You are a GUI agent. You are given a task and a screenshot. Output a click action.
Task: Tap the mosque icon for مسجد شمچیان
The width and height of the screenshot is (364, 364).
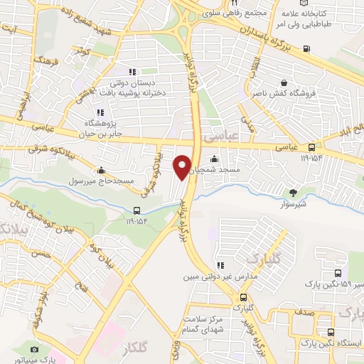coord(215,160)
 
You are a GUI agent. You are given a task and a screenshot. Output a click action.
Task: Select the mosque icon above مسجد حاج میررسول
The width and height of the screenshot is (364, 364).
coord(102,171)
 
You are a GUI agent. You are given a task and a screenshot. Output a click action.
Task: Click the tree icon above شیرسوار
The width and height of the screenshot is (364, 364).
coord(293,192)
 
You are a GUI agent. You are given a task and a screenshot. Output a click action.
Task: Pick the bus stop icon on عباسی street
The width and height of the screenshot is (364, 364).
coord(311,148)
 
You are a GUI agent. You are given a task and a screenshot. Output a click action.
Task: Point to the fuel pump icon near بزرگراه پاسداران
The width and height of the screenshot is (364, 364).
coord(306,49)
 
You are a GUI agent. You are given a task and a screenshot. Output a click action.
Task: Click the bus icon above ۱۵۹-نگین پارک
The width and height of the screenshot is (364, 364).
coord(336,274)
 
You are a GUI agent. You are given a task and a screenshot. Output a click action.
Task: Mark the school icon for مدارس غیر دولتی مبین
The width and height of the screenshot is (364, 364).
coord(220,266)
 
